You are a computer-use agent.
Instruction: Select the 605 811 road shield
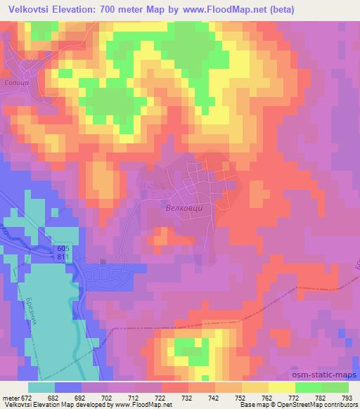click(x=64, y=252)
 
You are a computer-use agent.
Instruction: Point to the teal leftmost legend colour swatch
click(x=41, y=387)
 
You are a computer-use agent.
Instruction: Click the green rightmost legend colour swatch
click(x=335, y=387)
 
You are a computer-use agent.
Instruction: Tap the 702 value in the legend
click(x=108, y=397)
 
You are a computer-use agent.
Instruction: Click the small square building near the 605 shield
click(x=103, y=262)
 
